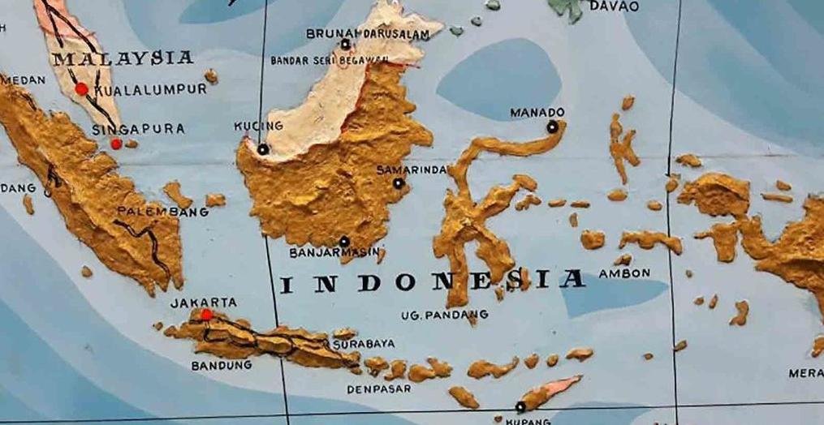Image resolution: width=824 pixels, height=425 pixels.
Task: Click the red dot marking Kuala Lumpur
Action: (81, 89)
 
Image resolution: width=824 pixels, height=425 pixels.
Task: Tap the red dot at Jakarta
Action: (206, 315)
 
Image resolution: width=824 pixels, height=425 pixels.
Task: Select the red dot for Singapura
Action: (116, 144)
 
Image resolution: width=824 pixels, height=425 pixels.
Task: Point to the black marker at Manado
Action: (552, 127)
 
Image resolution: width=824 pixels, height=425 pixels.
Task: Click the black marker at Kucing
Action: (263, 149)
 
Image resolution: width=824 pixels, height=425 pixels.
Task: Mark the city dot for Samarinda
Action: (398, 183)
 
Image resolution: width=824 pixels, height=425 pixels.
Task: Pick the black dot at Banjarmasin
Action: (344, 241)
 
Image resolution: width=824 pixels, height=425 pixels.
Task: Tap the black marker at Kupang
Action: (520, 406)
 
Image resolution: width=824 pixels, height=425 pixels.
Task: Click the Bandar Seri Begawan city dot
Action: (346, 45)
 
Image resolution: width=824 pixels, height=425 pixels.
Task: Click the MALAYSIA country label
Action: (123, 58)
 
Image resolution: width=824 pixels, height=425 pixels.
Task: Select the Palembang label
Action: (162, 212)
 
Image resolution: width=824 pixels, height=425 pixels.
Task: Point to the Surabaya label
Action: (364, 344)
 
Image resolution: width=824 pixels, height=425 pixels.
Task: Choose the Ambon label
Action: (624, 274)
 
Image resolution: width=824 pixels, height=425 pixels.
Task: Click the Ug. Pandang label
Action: (445, 315)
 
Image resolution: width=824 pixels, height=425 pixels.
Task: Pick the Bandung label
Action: (222, 366)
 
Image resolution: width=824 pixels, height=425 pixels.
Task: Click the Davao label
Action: (615, 6)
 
